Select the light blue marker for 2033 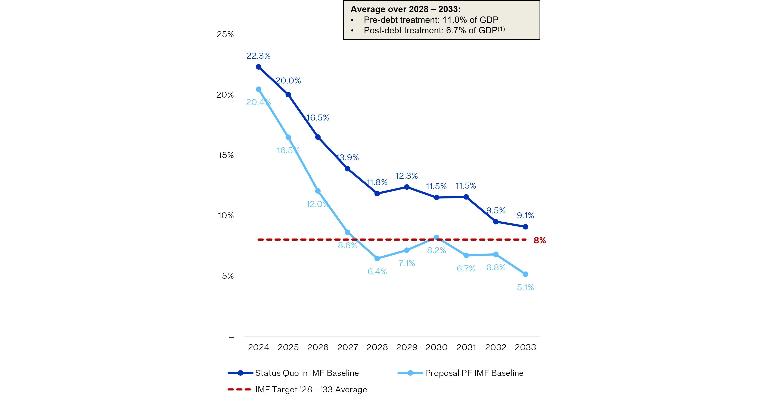(x=525, y=274)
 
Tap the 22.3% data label (x=258, y=56)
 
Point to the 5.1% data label (x=525, y=287)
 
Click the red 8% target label (x=540, y=240)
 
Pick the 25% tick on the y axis (x=225, y=34)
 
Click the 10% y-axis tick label (x=226, y=215)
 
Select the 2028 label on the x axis (x=377, y=347)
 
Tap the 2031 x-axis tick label (x=466, y=347)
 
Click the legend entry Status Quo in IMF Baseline (x=293, y=373)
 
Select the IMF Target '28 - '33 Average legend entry (x=297, y=390)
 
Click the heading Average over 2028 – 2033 (x=406, y=9)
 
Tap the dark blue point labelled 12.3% (x=407, y=187)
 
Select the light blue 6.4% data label (x=377, y=271)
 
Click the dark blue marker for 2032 (x=496, y=222)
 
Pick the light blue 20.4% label (x=258, y=102)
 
